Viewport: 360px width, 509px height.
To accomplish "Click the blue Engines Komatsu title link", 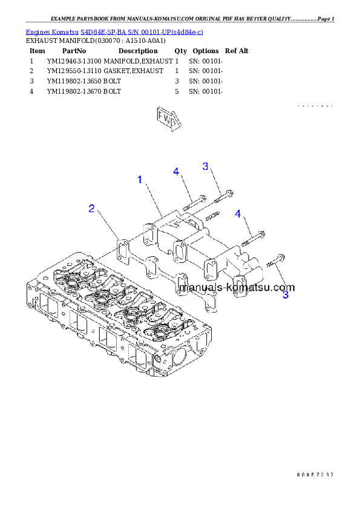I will pos(114,31).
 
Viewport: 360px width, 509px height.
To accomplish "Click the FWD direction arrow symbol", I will pos(168,118).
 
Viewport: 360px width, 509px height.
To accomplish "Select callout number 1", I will pos(140,180).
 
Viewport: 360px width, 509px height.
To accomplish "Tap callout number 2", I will pos(91,209).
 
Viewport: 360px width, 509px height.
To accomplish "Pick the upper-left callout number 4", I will pos(176,172).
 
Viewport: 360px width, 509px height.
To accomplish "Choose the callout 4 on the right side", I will pos(238,214).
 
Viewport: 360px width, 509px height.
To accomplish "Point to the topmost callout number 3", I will pos(205,166).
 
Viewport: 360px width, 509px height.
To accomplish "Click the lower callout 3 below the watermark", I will pos(285,296).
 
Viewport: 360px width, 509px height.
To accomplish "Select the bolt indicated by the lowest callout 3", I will pos(274,263).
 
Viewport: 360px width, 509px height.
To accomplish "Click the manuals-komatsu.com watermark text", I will pos(237,288).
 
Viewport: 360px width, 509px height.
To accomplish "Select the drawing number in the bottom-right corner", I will pos(315,475).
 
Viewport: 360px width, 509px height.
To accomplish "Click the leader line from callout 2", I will pos(106,227).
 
